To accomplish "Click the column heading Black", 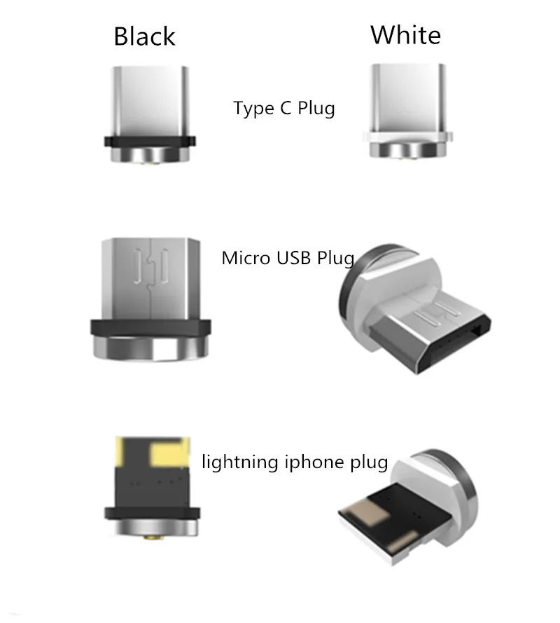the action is pyautogui.click(x=144, y=36).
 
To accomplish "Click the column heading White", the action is pyautogui.click(x=405, y=34).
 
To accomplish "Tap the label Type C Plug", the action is pyautogui.click(x=283, y=109).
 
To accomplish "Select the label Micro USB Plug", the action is pyautogui.click(x=288, y=258).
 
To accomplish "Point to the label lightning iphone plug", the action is pyautogui.click(x=294, y=463).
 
